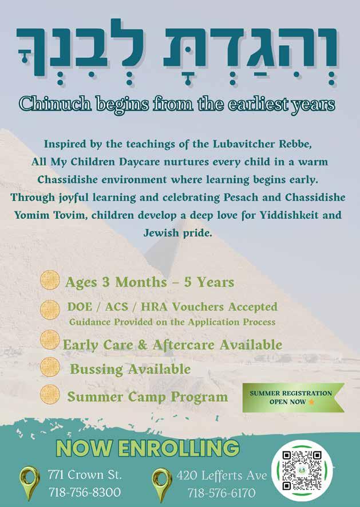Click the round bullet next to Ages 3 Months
click(51, 281)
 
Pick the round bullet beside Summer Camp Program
click(50, 395)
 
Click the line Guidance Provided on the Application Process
click(172, 322)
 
